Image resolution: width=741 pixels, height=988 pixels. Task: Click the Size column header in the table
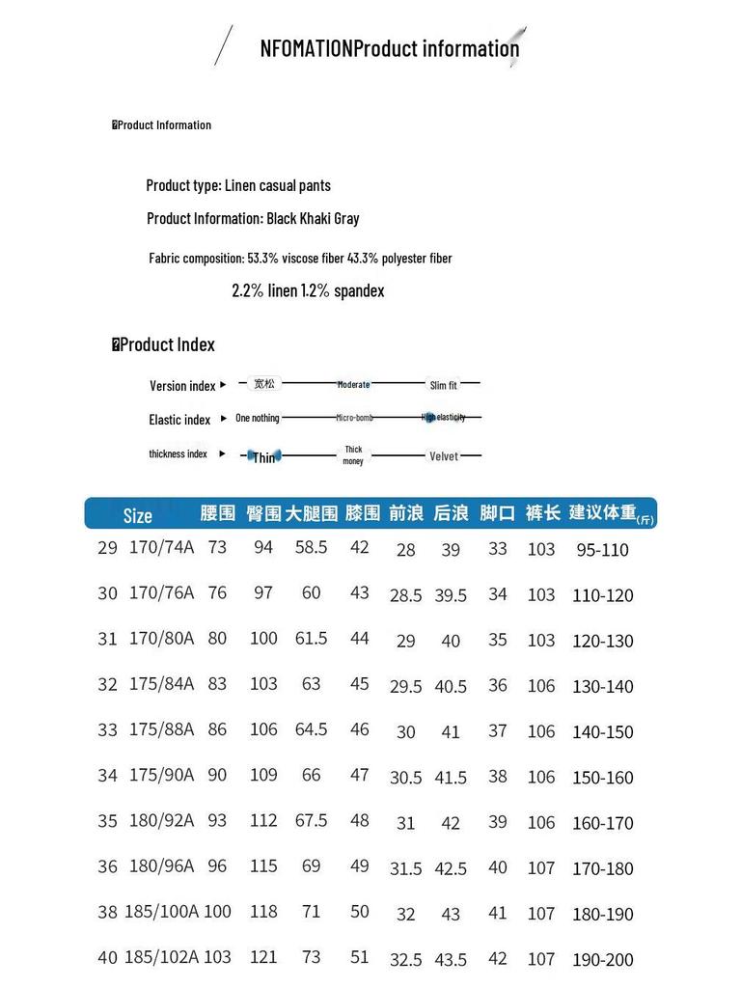coord(138,515)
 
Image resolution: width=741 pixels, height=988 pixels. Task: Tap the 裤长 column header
coord(543,513)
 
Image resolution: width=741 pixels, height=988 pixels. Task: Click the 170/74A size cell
coord(161,548)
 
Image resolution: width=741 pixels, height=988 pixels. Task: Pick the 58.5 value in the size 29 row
coord(311,547)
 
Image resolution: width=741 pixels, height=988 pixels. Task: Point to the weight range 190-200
coord(603,960)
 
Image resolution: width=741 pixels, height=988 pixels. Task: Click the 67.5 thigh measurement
coord(311,820)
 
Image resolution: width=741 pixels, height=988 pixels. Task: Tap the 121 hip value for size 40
coord(263,957)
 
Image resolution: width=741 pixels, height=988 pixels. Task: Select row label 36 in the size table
coord(107,866)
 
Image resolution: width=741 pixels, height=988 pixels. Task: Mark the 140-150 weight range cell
coord(603,732)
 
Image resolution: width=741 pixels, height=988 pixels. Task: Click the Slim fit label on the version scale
coord(444,386)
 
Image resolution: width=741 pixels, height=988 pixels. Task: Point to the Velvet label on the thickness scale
coord(444,456)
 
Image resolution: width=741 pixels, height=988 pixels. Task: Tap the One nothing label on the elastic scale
coord(257,418)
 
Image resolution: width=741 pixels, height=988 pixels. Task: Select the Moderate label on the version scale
coord(353,385)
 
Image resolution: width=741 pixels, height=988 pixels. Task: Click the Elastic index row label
coord(179,420)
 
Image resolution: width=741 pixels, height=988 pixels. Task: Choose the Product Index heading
coord(167,344)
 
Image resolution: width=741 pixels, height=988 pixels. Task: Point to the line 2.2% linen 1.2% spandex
coord(308,290)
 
